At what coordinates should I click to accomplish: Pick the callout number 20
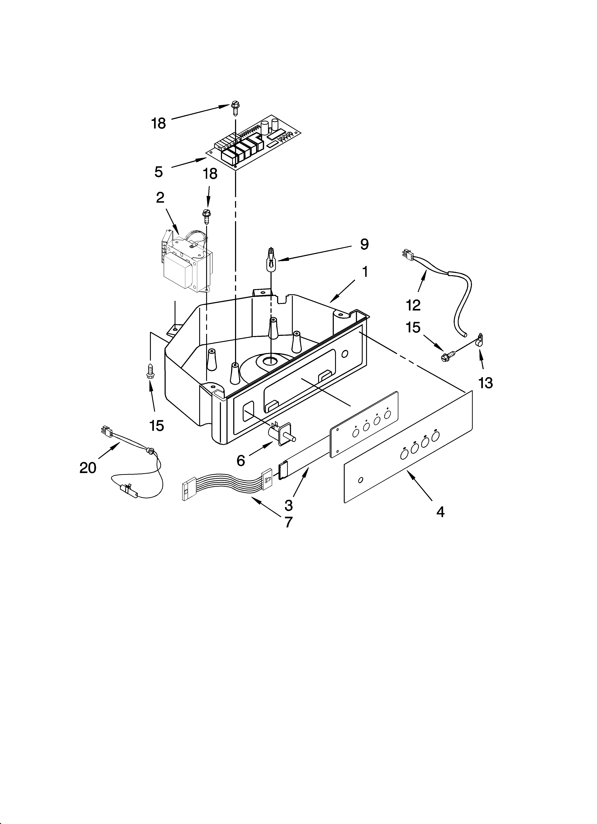(88, 468)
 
